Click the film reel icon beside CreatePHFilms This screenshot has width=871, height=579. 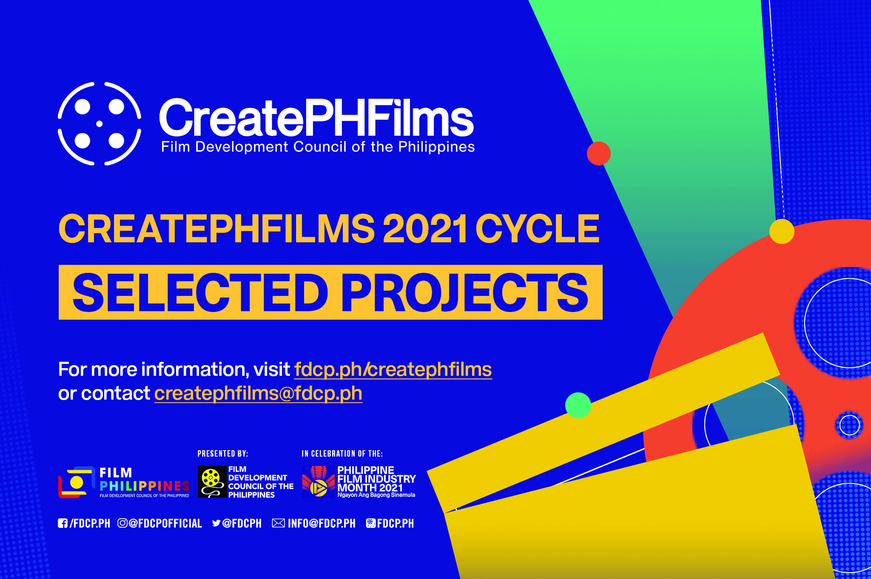100,123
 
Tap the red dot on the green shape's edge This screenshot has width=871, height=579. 599,153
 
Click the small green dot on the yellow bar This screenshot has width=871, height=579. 578,405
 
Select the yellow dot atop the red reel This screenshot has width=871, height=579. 782,232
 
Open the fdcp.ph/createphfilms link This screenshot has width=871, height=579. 393,369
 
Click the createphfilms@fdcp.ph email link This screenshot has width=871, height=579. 258,393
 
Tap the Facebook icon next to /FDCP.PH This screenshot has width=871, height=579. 63,523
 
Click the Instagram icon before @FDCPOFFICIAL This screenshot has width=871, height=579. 122,523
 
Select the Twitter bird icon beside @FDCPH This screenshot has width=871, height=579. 216,523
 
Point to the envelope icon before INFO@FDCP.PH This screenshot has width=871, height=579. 279,523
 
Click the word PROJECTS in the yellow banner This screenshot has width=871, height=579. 465,292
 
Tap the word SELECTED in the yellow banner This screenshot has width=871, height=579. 200,292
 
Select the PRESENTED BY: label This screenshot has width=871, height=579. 223,454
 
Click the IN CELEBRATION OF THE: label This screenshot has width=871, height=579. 342,454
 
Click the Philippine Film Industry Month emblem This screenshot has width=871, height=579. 319,482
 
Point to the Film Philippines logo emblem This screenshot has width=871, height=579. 76,482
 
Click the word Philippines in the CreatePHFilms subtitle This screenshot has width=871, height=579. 436,147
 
